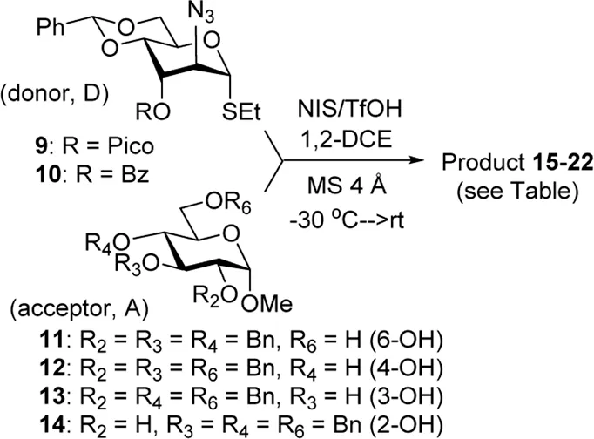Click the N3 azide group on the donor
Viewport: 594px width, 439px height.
point(201,13)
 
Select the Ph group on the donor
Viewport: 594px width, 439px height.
point(51,27)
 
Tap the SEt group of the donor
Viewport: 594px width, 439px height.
point(241,111)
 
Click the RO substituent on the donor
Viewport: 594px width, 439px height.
point(153,111)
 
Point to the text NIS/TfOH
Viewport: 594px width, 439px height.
point(349,109)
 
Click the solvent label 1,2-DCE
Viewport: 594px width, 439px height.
point(347,139)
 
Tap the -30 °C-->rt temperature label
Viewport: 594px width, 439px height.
point(347,219)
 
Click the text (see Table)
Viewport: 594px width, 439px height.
point(517,192)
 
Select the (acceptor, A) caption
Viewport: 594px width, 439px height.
point(78,309)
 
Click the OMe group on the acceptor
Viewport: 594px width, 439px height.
point(267,304)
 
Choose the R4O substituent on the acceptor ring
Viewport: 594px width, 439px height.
point(108,243)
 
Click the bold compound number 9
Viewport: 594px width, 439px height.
point(42,145)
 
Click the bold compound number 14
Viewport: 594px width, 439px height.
point(52,424)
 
